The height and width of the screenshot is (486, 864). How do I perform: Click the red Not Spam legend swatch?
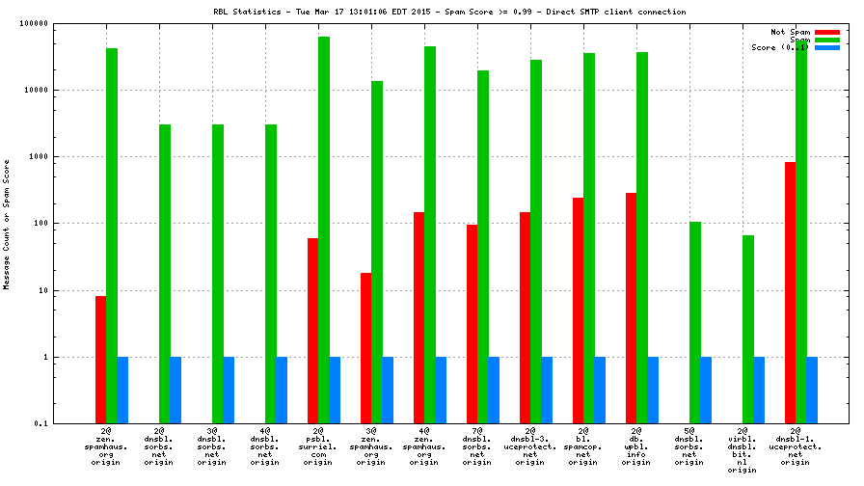click(826, 32)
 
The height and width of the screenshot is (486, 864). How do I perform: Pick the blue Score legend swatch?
click(826, 47)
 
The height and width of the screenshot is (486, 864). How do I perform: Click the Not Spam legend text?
click(791, 32)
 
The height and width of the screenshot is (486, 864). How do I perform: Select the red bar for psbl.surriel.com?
click(312, 331)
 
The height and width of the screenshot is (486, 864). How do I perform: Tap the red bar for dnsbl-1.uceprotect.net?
click(790, 293)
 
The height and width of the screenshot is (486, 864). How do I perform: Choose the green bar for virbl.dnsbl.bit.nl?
click(747, 329)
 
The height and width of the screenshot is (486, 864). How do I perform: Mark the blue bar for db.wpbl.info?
click(653, 390)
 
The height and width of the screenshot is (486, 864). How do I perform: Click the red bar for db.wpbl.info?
click(631, 308)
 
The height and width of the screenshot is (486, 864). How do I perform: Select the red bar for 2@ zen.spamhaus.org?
click(100, 360)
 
